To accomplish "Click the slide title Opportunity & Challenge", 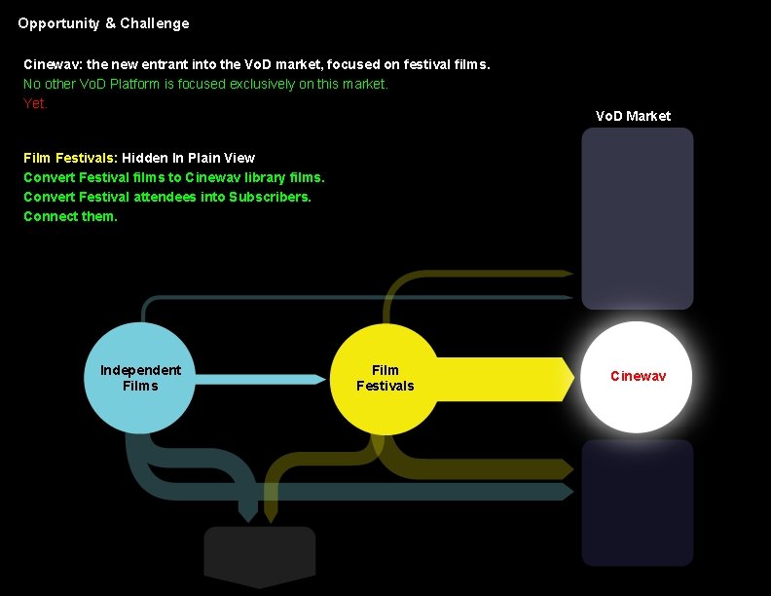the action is pyautogui.click(x=103, y=23).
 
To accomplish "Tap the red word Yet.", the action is pyautogui.click(x=35, y=103).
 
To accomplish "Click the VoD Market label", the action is pyautogui.click(x=633, y=116).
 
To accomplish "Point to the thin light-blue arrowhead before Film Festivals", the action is pyautogui.click(x=316, y=379).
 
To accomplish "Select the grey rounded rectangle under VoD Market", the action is pyautogui.click(x=638, y=219).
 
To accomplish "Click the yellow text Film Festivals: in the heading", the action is pyautogui.click(x=70, y=158).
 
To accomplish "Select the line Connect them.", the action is pyautogui.click(x=70, y=216).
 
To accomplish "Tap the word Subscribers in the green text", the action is pyautogui.click(x=270, y=197).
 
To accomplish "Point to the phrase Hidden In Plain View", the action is pyautogui.click(x=188, y=158).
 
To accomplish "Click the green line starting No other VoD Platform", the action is pyautogui.click(x=205, y=84).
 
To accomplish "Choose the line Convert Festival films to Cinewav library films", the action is pyautogui.click(x=174, y=177).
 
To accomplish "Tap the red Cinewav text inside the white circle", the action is pyautogui.click(x=638, y=376).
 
